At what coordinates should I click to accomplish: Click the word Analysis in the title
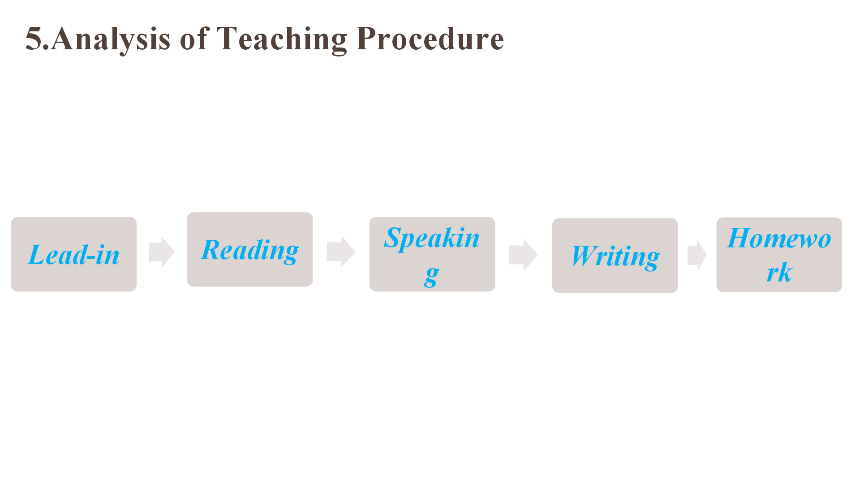click(110, 39)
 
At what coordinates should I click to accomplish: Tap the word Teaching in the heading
click(282, 39)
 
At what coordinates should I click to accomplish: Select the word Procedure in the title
click(430, 39)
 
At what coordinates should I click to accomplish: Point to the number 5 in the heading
click(34, 39)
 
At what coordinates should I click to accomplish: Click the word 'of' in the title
click(195, 38)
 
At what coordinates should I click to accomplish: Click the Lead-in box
click(74, 254)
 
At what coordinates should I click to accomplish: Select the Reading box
click(250, 249)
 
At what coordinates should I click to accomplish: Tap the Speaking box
click(432, 254)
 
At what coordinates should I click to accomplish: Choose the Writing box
click(615, 255)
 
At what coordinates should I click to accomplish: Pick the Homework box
click(779, 255)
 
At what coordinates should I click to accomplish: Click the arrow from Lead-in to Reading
click(161, 252)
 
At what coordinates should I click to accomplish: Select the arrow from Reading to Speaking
click(341, 252)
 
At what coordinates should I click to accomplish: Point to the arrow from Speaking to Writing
click(524, 255)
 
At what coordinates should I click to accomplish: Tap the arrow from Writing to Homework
click(697, 255)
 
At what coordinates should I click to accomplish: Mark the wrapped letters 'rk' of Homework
click(779, 272)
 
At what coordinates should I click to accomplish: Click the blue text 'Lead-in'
click(74, 255)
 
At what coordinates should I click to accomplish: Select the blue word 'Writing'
click(615, 257)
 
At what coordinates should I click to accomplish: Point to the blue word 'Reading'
click(250, 251)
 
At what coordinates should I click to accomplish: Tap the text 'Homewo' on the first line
click(779, 238)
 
